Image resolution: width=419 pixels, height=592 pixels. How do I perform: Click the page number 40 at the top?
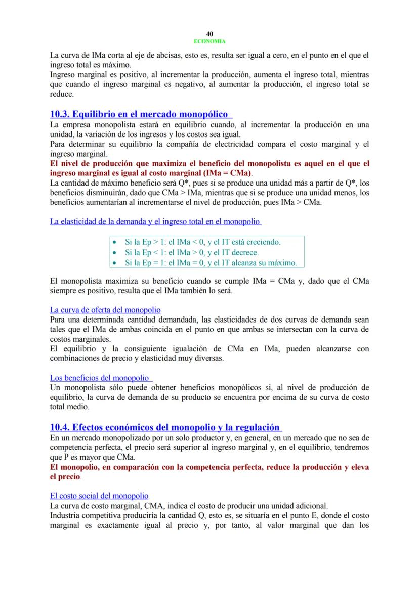click(209, 34)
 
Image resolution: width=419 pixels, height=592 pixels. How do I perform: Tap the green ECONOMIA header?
click(209, 41)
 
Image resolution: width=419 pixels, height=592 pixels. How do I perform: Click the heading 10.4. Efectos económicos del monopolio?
click(165, 427)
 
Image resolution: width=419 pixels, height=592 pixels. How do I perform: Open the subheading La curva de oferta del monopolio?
click(105, 310)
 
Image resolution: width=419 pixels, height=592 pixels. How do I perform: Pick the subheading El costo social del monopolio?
click(99, 496)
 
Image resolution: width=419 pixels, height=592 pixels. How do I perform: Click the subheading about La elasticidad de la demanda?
click(155, 221)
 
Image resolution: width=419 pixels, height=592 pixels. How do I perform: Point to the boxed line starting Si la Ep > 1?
click(202, 242)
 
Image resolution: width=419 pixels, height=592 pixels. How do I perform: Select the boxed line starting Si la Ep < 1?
click(192, 252)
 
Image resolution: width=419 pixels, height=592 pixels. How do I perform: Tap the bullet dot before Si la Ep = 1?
click(114, 263)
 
